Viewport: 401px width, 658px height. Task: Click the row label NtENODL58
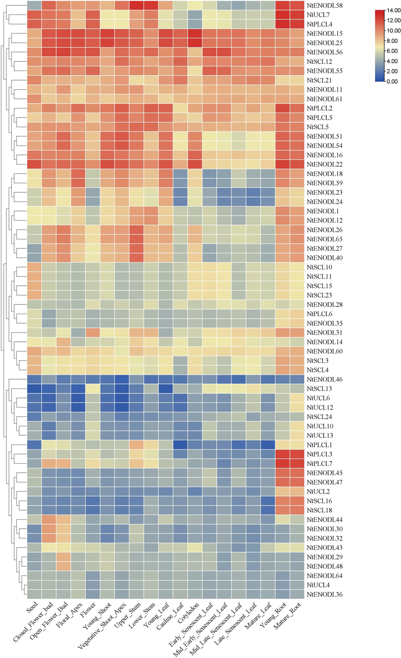[x=325, y=6]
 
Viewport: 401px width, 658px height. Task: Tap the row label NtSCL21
[x=319, y=80]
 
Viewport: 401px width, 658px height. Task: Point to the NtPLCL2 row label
[x=319, y=108]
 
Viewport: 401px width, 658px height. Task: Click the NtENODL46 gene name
[x=325, y=379]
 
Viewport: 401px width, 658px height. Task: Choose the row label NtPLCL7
[x=319, y=464]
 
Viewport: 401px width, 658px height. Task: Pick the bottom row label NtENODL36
[x=325, y=594]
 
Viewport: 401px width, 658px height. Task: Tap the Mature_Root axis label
[x=287, y=615]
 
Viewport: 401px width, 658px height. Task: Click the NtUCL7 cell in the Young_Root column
[x=282, y=15]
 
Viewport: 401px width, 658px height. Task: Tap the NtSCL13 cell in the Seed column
[x=34, y=389]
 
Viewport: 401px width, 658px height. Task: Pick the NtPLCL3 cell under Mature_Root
[x=297, y=454]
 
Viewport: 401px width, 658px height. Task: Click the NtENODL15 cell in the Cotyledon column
[x=195, y=34]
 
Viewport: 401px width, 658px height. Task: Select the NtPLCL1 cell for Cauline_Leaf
[x=180, y=445]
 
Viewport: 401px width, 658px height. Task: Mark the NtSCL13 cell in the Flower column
[x=93, y=389]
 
